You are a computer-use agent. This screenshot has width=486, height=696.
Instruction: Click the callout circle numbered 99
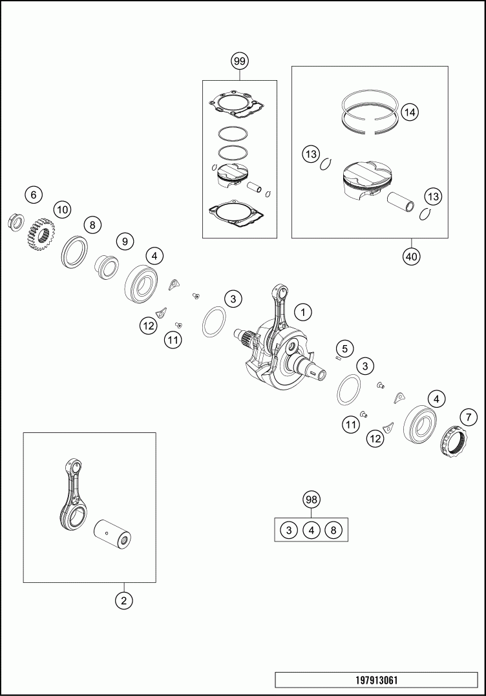coord(240,61)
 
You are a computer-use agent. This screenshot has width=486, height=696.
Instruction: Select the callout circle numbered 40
coord(412,256)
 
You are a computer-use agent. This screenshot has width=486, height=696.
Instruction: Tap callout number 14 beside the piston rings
coord(410,112)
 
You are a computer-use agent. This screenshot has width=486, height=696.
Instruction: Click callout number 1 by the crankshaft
coord(303,312)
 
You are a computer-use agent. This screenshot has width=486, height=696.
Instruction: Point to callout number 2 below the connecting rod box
coord(124,600)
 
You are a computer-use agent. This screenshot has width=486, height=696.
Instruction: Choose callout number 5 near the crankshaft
coord(345,348)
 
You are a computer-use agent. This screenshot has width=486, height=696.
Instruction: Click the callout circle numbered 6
coord(34,195)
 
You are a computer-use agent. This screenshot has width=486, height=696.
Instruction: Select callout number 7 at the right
coord(469,417)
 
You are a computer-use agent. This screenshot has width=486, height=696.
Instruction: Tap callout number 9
coord(125,241)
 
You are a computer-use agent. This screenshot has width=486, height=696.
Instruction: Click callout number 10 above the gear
coord(63,209)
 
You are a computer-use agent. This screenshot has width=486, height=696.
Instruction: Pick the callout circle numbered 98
coord(312,500)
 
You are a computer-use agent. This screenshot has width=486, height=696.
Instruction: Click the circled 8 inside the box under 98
coord(333,530)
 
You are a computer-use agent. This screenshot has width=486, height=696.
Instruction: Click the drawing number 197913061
coord(377,680)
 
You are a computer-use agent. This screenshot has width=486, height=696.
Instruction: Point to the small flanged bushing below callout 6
coord(16,222)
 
